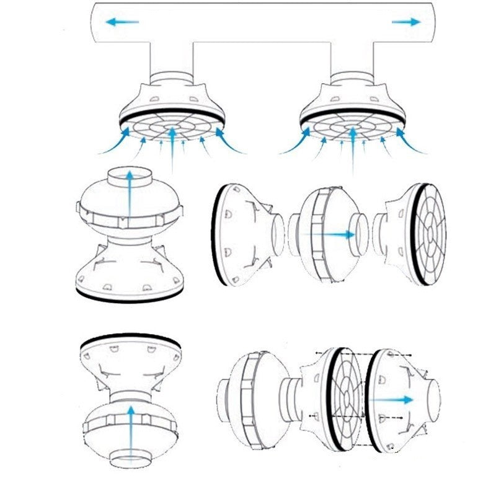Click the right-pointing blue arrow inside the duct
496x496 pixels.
pos(407,22)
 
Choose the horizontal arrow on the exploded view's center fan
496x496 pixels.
pos(338,234)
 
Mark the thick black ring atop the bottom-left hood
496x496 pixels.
pos(130,341)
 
